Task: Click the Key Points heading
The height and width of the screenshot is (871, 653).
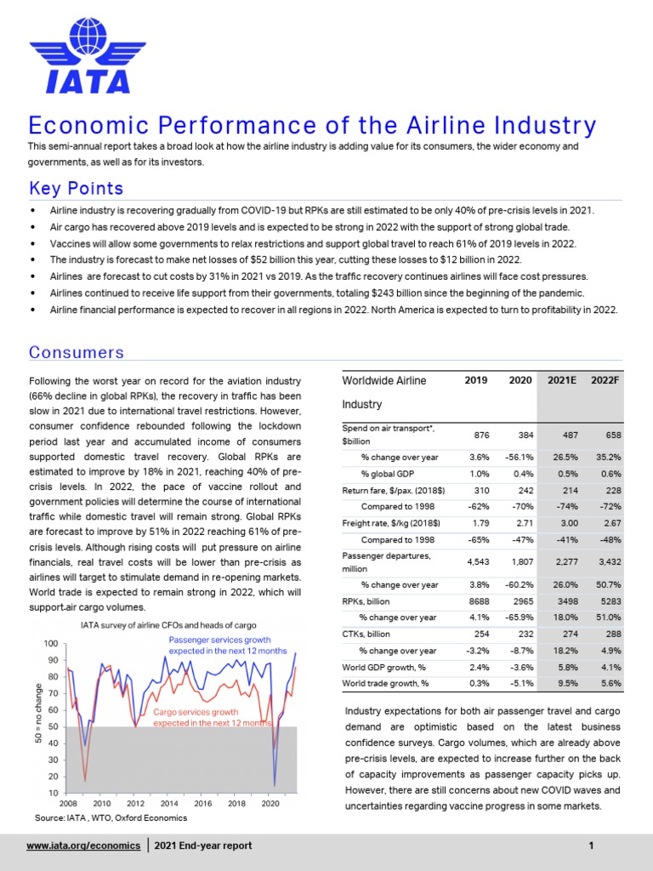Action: point(76,188)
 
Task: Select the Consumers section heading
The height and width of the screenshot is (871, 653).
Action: point(76,352)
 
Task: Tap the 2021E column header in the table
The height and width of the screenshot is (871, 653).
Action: point(560,379)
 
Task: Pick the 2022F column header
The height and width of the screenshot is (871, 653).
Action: point(605,379)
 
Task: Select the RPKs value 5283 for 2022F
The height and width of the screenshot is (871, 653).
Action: point(605,601)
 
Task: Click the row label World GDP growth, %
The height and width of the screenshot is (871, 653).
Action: point(383,667)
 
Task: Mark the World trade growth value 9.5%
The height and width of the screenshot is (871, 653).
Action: point(562,683)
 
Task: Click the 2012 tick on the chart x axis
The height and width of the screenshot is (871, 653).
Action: point(135,803)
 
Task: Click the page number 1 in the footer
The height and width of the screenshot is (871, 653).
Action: point(590,845)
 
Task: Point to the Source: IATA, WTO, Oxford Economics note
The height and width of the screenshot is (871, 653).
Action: point(111,817)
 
